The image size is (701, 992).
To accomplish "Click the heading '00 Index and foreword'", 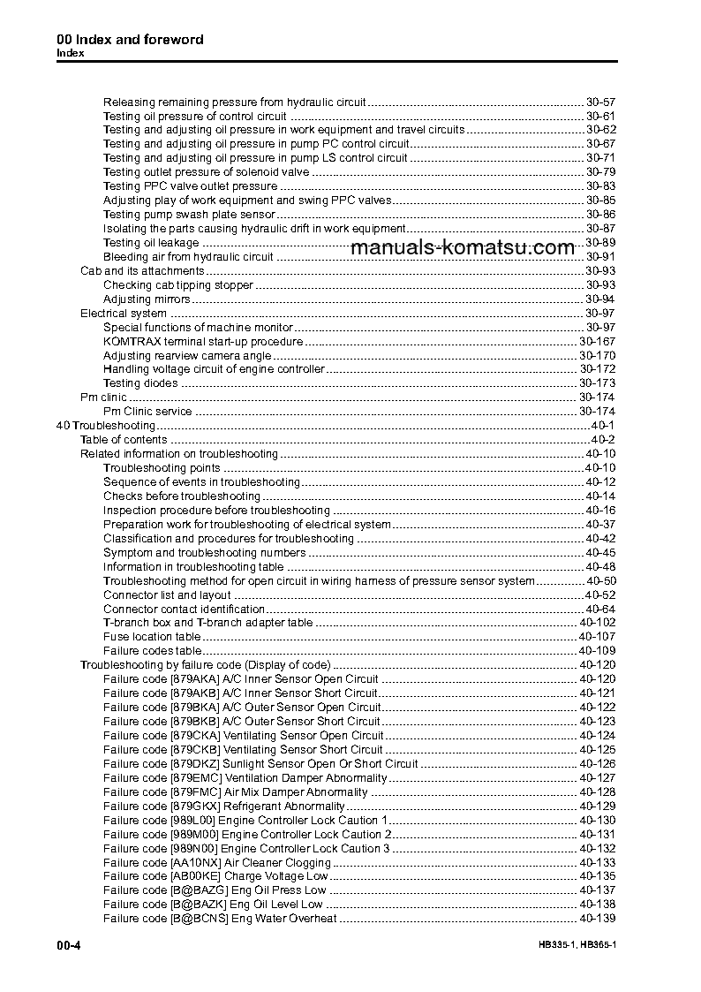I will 130,40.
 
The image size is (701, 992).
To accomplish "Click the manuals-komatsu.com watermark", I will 463,247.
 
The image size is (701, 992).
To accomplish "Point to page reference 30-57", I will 600,102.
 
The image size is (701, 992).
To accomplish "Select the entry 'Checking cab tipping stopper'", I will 178,285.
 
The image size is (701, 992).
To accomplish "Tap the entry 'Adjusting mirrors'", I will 147,299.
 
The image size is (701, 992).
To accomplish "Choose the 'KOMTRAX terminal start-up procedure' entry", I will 203,341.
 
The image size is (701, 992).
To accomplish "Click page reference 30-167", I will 597,341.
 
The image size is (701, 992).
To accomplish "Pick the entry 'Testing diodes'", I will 140,383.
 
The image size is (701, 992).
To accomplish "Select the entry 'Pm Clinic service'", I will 147,412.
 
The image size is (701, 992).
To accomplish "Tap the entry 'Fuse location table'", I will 152,637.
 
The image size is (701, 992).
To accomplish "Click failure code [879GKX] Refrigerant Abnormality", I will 224,806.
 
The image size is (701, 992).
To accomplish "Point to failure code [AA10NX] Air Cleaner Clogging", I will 217,863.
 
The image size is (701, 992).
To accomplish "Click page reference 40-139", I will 597,920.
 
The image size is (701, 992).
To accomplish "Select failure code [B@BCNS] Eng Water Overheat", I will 220,920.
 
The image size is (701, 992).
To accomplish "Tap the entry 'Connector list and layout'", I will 167,595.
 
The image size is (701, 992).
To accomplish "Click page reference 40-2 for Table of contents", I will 603,440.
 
